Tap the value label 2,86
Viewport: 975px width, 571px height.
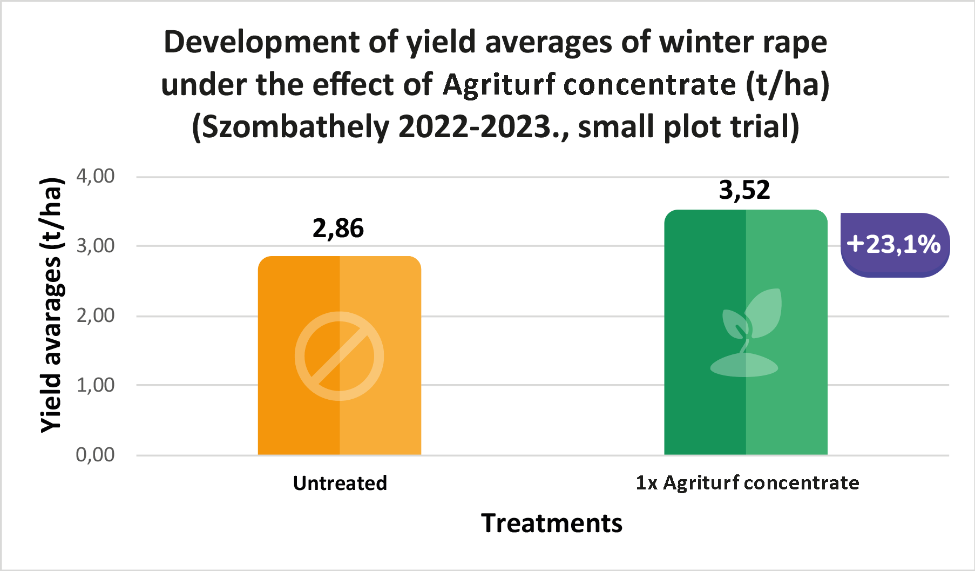pos(338,229)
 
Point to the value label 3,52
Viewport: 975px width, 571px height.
pos(744,190)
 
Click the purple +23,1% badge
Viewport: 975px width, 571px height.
pos(895,245)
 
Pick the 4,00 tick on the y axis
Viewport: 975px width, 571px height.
pos(96,176)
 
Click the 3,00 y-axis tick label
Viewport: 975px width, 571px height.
pos(96,246)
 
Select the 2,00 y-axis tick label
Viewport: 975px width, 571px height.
pos(96,315)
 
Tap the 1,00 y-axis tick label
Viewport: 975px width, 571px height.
pos(96,385)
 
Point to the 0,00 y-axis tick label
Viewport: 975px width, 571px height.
pos(96,455)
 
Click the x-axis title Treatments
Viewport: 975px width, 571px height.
pos(551,523)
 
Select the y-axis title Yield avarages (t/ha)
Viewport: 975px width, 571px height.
pos(52,305)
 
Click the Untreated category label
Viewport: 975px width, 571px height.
pos(340,483)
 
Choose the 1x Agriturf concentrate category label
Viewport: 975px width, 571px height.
pos(747,482)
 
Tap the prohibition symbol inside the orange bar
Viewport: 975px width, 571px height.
pos(339,356)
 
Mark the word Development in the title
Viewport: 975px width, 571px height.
pos(262,42)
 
